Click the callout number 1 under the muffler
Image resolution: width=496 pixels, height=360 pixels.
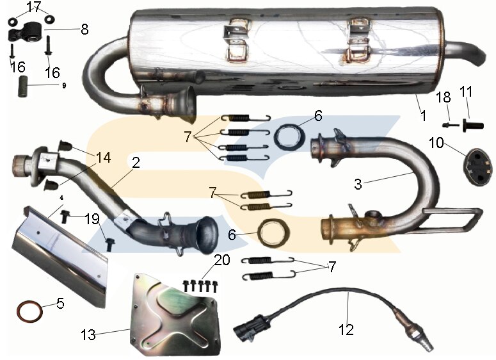coord(422,117)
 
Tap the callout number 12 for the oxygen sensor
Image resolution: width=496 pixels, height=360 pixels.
coord(346,330)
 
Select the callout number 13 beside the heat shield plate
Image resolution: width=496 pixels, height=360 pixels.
coord(88,334)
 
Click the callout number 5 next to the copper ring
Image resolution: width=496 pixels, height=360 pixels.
coord(60,303)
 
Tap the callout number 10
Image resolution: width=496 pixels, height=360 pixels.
coord(436,142)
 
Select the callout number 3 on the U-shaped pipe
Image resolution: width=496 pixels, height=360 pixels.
coord(358,184)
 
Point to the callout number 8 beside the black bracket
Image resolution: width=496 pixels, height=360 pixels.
coord(84,29)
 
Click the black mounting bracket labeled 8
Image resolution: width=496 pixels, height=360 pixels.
coord(30,31)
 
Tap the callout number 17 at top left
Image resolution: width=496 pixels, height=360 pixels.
coord(34,7)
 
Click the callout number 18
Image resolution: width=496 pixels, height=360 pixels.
coord(444,97)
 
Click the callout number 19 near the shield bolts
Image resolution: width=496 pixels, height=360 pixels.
coord(93,218)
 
